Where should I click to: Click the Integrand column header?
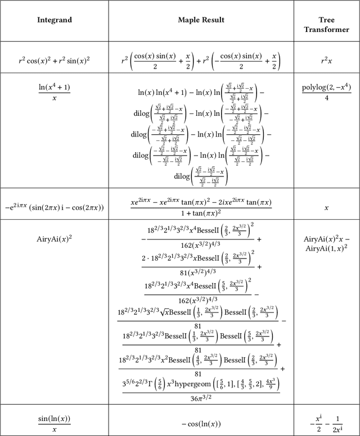55,20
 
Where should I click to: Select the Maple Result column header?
201,20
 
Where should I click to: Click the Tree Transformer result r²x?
327,58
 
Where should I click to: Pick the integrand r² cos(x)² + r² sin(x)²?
55,58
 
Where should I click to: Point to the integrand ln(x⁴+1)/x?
55,92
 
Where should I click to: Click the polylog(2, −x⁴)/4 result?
327,92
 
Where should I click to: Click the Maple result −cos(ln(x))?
201,424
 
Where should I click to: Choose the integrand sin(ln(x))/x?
55,423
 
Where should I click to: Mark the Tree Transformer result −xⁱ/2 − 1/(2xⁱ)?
327,423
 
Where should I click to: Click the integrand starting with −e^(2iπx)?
55,207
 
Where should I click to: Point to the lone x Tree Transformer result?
327,207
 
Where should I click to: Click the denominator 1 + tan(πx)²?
201,214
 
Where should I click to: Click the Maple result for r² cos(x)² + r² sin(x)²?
201,58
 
